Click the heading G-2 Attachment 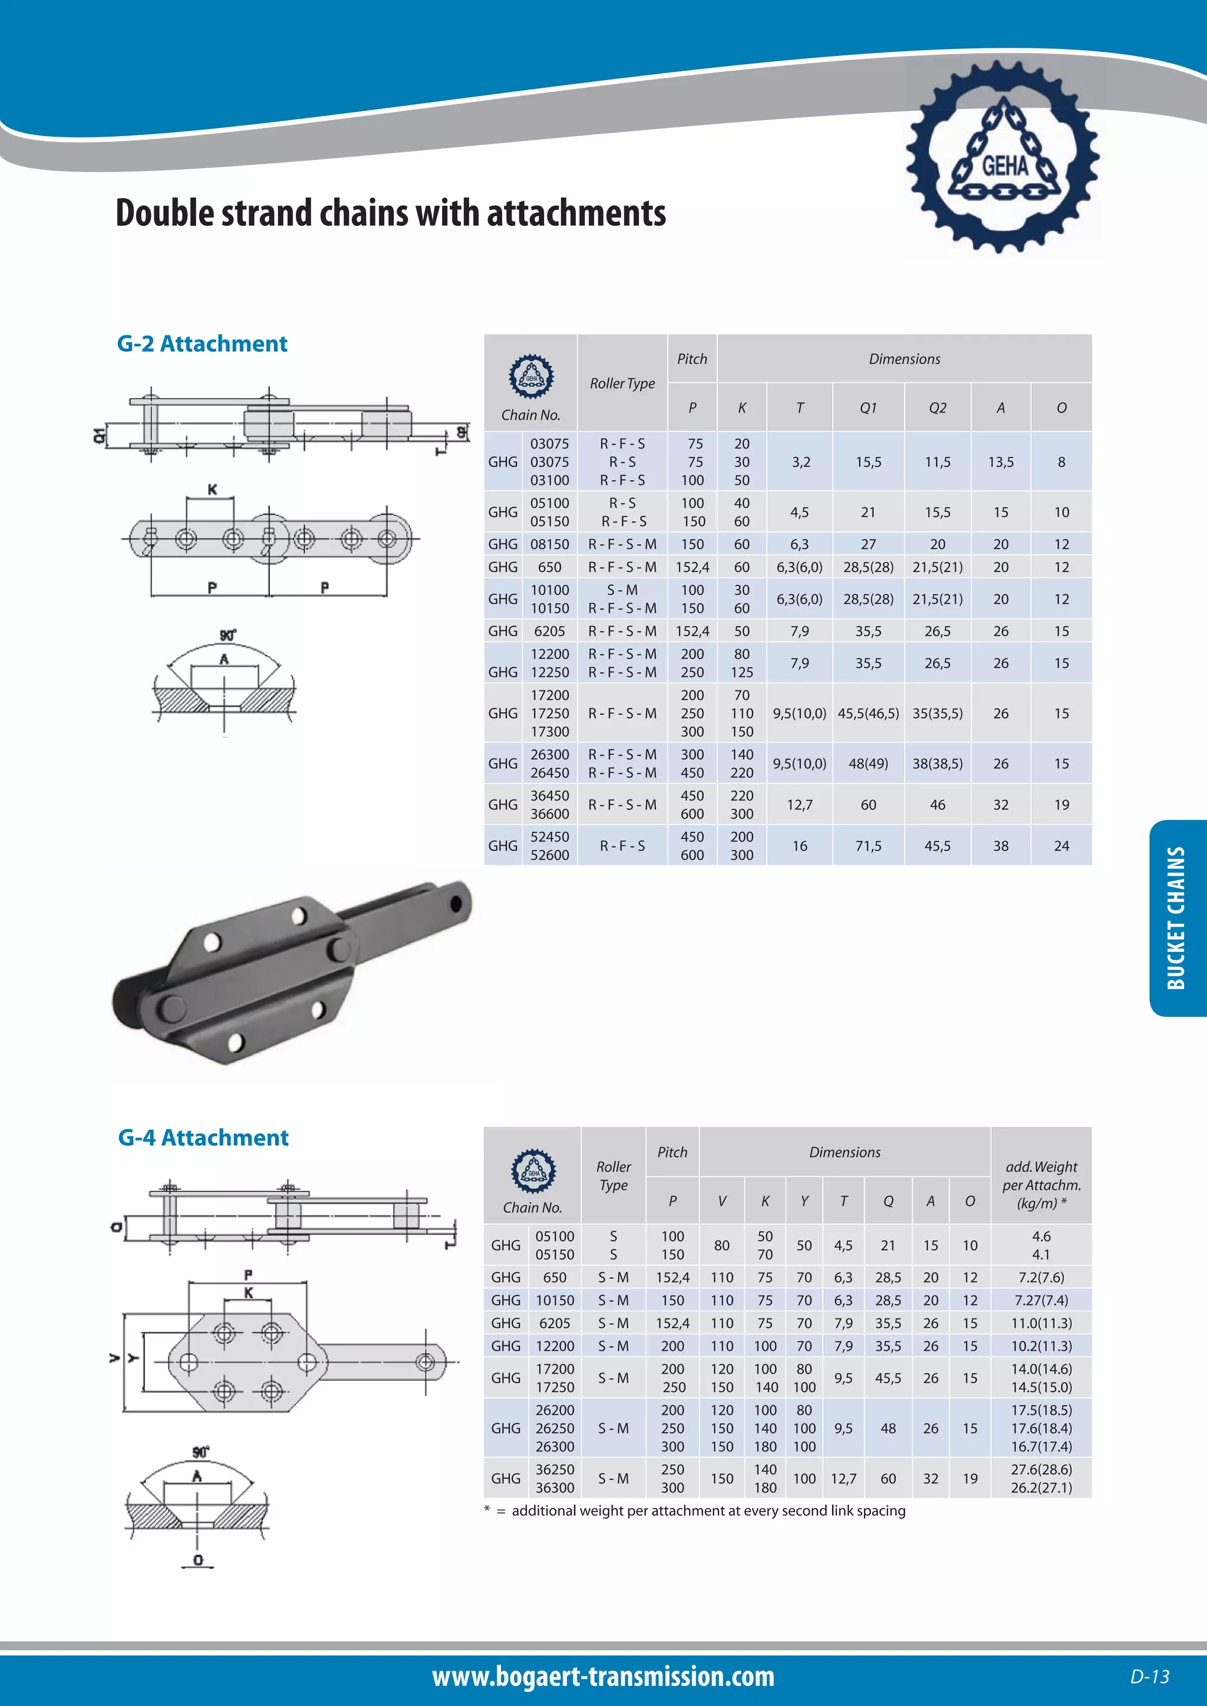click(x=202, y=344)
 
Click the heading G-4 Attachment click(x=203, y=1138)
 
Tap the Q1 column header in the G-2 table click(x=868, y=408)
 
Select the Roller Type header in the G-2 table click(x=622, y=383)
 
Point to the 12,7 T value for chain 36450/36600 click(x=800, y=805)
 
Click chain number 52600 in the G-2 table click(x=549, y=855)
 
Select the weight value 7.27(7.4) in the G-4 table click(x=1041, y=1300)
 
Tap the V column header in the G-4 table click(x=722, y=1201)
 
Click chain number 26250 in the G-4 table click(x=555, y=1428)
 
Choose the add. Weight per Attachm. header click(x=1041, y=1185)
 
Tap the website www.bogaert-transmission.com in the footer click(x=603, y=1677)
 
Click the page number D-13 click(x=1150, y=1677)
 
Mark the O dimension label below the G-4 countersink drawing click(x=197, y=1560)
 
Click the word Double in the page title click(x=163, y=213)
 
